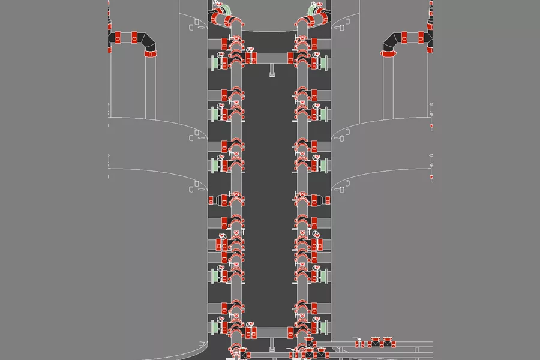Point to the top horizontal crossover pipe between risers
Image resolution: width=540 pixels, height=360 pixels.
point(270,58)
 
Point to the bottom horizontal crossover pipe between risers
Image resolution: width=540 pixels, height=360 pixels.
point(270,331)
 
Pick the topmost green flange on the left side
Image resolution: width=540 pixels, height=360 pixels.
point(213,62)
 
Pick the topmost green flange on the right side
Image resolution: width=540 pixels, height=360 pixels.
point(326,62)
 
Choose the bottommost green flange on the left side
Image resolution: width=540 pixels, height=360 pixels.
point(213,328)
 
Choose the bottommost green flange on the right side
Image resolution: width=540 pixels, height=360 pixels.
point(326,328)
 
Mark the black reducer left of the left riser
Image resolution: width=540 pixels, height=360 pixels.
point(214,199)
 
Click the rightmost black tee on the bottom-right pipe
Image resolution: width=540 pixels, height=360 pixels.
point(389,344)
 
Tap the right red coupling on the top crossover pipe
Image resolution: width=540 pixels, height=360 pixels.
point(291,58)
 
